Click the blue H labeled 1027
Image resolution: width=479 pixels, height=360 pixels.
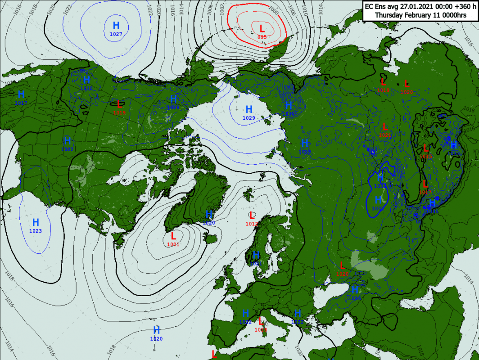(x=116, y=26)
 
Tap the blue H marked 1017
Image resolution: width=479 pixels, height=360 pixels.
(x=21, y=94)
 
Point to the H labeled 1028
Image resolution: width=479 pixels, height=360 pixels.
(x=173, y=99)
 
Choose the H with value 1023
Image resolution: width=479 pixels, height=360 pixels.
(x=36, y=222)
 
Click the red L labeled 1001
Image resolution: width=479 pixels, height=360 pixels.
(x=173, y=236)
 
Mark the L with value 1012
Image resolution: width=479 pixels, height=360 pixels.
(x=252, y=215)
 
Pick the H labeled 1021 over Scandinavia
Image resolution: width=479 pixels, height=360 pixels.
(x=256, y=255)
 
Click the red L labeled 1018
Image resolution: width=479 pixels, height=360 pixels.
(x=120, y=104)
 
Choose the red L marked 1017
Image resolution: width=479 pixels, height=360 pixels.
(x=425, y=184)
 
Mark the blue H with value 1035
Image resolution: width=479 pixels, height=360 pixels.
(x=432, y=203)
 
